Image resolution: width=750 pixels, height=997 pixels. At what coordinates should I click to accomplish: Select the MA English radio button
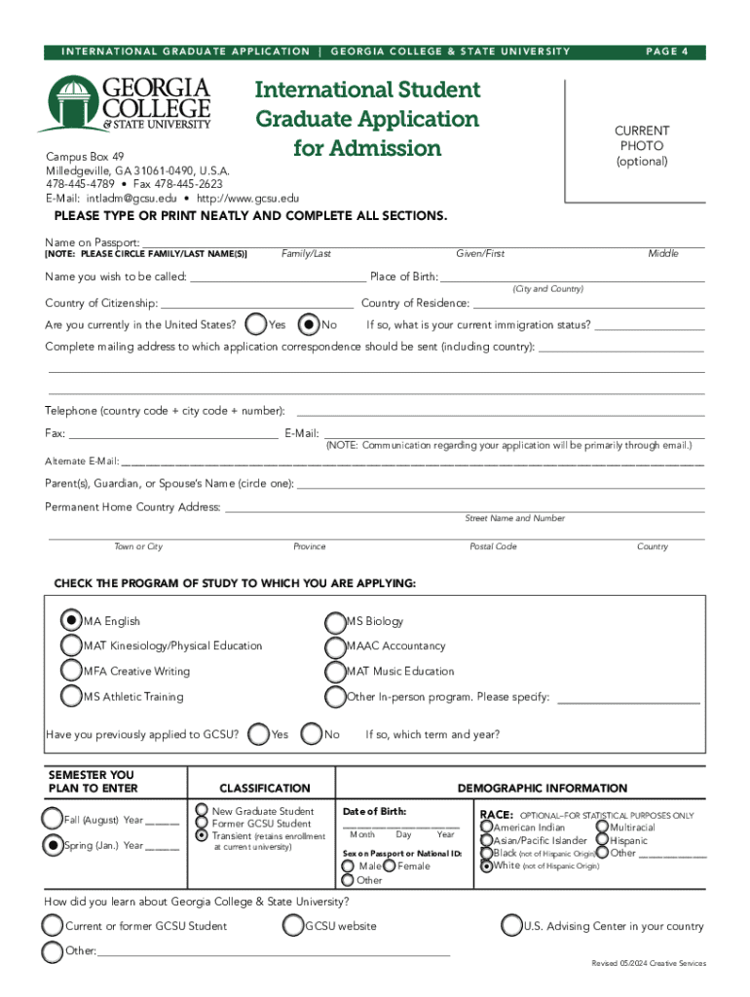tap(71, 620)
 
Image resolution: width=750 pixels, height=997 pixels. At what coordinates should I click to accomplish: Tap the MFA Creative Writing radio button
tap(71, 671)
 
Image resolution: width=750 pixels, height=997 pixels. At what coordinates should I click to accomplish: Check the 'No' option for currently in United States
tap(309, 324)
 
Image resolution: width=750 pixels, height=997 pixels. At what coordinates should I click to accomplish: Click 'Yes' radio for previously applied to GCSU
tap(258, 734)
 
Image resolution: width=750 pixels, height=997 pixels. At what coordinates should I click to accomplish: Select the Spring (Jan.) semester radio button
tap(52, 845)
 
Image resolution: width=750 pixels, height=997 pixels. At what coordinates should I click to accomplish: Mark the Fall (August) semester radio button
tap(52, 819)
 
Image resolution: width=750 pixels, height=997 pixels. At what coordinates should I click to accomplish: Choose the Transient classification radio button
tap(202, 835)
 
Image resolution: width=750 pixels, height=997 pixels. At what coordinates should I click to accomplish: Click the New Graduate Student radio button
tap(202, 810)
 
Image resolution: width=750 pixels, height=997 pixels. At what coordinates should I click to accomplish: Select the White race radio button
tap(486, 865)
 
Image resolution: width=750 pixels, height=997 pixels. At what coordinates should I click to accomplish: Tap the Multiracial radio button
tap(602, 827)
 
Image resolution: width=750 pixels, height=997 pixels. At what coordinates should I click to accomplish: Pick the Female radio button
tap(389, 866)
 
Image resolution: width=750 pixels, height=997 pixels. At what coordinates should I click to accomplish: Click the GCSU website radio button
tap(292, 926)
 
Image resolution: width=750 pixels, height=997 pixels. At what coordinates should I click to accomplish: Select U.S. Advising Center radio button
tap(511, 926)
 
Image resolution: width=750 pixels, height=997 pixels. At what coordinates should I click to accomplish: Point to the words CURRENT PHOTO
tap(641, 138)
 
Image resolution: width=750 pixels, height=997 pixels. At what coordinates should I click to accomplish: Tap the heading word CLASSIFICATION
tap(264, 788)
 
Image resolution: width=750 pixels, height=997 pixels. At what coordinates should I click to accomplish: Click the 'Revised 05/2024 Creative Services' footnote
tap(649, 963)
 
